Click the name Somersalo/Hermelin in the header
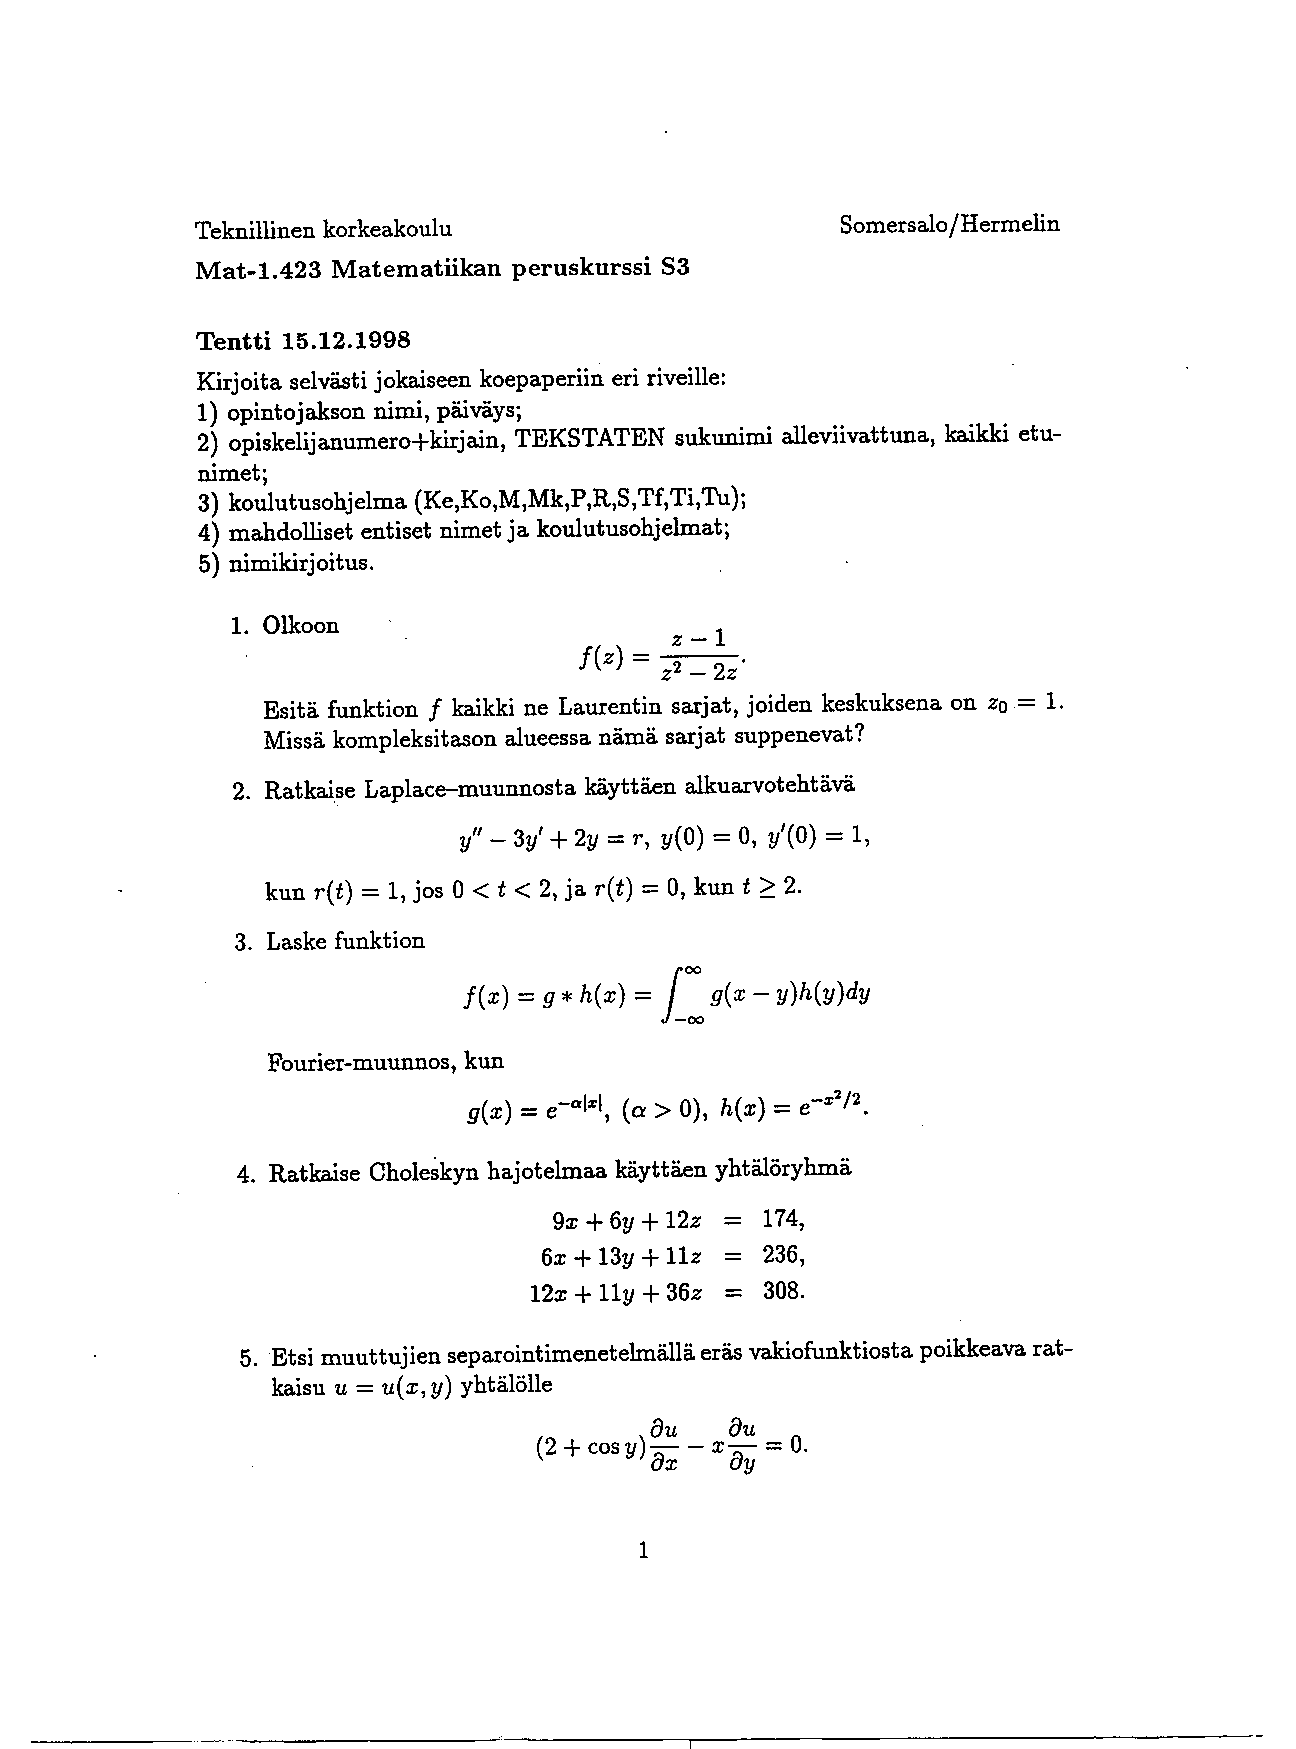pos(949,225)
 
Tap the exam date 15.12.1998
pos(346,340)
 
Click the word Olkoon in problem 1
pos(300,626)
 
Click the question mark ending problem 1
pos(859,736)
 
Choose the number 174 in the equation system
pos(780,1219)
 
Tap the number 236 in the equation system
pos(780,1255)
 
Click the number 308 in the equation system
pos(780,1291)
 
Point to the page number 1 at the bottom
pos(643,1551)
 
